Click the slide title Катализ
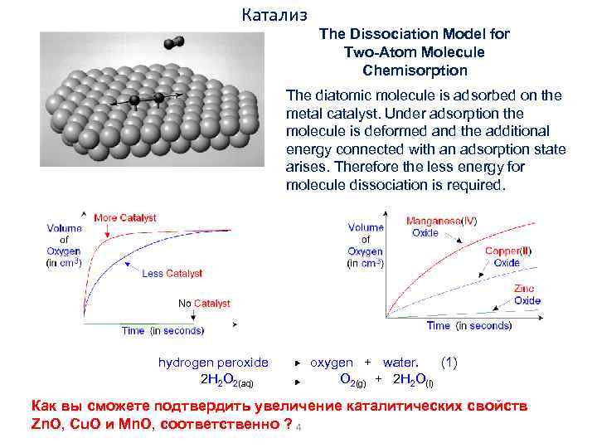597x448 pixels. pyautogui.click(x=275, y=15)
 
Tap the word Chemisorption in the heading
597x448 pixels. pyautogui.click(x=415, y=71)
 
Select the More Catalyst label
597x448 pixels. pyautogui.click(x=125, y=218)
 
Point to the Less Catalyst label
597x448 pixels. pyautogui.click(x=172, y=273)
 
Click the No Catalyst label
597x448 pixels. pyautogui.click(x=204, y=304)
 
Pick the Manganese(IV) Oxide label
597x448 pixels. pyautogui.click(x=441, y=226)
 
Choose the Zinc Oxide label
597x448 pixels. pyautogui.click(x=527, y=295)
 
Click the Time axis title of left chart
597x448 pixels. pyautogui.click(x=162, y=330)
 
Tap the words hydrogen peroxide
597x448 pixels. pyautogui.click(x=213, y=363)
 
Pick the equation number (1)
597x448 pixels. pyautogui.click(x=449, y=363)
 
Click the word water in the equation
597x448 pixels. pyautogui.click(x=400, y=363)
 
